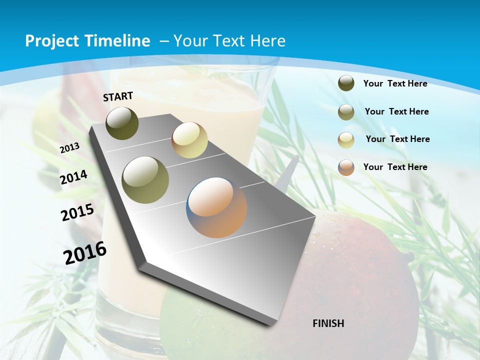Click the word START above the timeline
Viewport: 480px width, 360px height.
tap(118, 96)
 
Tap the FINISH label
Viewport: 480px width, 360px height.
tap(328, 323)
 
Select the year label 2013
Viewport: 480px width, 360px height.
tap(70, 147)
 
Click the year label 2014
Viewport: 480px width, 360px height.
tap(74, 177)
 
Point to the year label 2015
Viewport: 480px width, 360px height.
tap(77, 212)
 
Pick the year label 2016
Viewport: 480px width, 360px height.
tap(85, 252)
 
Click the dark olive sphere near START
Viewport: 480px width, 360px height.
tap(122, 123)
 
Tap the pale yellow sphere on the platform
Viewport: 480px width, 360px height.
tap(189, 140)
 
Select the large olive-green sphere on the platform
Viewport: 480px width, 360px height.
tap(145, 180)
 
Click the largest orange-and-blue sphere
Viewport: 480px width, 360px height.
tap(217, 207)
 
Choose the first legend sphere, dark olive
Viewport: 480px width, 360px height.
tap(346, 83)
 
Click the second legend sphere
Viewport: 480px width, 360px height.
tap(346, 112)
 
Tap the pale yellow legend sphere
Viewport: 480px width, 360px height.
tap(346, 139)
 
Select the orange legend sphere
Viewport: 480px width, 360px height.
tap(346, 167)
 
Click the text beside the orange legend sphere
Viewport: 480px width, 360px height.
tap(395, 167)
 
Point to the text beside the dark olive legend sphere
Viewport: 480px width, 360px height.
tap(395, 83)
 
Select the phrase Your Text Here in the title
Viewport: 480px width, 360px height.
tap(229, 41)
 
